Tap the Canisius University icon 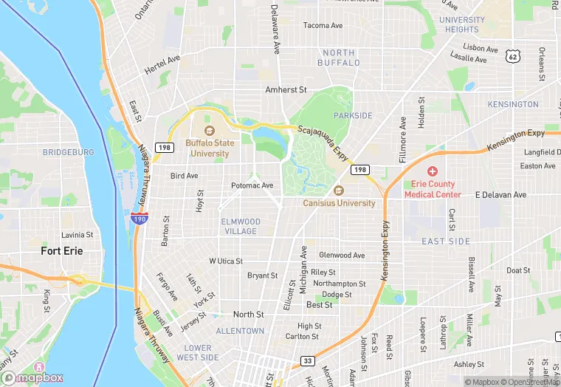coord(339,191)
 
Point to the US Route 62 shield coord(512,57)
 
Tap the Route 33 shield coord(307,361)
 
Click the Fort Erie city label coord(62,251)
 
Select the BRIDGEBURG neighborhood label coord(69,152)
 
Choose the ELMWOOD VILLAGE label coord(240,226)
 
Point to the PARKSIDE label coord(353,116)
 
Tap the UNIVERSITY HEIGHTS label coord(462,24)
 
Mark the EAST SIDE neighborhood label coord(446,242)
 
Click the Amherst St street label coord(286,89)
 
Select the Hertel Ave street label coord(162,68)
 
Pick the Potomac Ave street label coord(252,185)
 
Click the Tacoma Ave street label coord(323,25)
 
